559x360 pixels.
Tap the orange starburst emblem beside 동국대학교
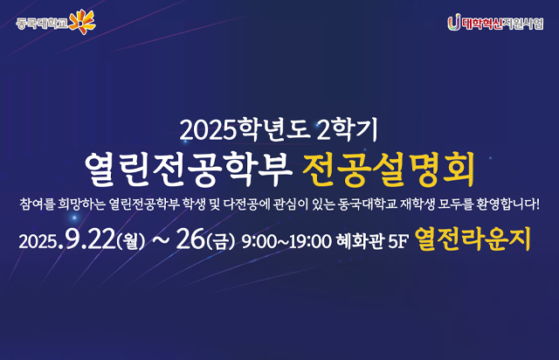pyautogui.click(x=80, y=19)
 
